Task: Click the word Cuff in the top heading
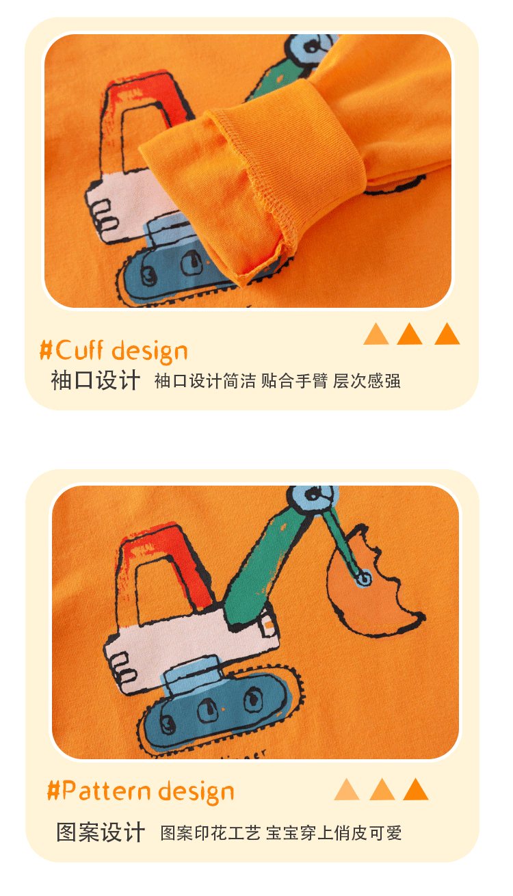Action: tap(79, 350)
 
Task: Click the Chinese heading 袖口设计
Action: tap(96, 380)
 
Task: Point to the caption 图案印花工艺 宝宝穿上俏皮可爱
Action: tap(281, 833)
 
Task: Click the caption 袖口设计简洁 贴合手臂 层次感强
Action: tap(277, 381)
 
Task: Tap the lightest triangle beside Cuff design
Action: tap(376, 334)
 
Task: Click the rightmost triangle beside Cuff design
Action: tap(447, 334)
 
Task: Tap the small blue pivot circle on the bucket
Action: tap(364, 578)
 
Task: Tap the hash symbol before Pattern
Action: tap(53, 791)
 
